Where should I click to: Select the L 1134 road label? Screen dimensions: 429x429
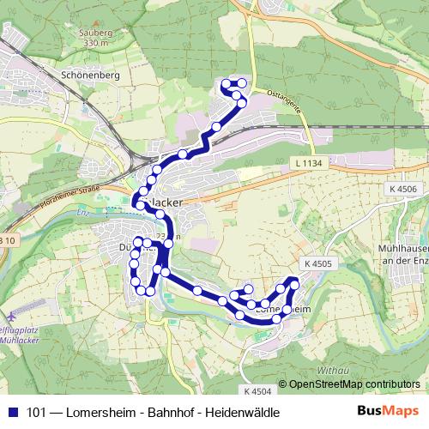pos(305,162)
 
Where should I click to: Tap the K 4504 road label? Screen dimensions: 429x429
pos(257,391)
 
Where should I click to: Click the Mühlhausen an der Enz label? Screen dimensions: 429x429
pos(397,253)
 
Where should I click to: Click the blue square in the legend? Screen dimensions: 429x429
pos(13,413)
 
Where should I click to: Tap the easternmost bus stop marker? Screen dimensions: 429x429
pos(295,282)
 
